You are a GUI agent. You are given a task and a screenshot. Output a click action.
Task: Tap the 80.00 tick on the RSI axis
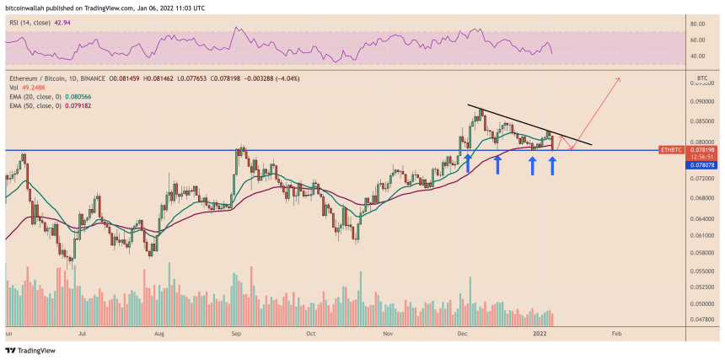point(695,24)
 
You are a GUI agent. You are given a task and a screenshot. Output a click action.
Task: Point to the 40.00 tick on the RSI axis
point(695,56)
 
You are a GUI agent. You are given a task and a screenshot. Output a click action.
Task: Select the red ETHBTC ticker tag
point(670,149)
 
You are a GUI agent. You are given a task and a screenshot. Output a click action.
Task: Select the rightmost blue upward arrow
point(552,164)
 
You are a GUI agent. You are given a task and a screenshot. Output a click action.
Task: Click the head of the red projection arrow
point(619,79)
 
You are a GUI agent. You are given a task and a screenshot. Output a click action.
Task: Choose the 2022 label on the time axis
point(540,334)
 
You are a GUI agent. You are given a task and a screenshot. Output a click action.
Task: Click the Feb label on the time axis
point(616,334)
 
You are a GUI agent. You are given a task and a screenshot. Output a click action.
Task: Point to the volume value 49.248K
point(31,88)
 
